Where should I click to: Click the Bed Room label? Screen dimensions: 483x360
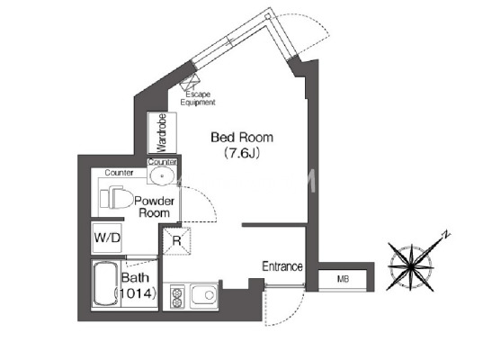point(242,138)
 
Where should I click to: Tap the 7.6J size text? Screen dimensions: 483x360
point(242,153)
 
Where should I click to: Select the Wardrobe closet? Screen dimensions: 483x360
point(162,133)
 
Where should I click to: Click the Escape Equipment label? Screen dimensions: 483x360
point(198,98)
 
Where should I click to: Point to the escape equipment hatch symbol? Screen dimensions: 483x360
point(190,82)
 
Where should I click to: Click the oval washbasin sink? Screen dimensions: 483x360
point(162,175)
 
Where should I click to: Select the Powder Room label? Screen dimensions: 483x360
point(155,207)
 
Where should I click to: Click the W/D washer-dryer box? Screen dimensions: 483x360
point(107,238)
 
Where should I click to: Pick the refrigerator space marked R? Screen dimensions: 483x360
point(176,240)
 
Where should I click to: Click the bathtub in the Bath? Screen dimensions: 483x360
point(105,283)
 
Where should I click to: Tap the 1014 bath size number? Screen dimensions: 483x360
point(136,293)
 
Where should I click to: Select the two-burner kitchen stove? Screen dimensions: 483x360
point(177,296)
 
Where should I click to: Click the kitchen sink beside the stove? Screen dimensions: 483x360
point(204,296)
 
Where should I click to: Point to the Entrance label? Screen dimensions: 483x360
point(282,266)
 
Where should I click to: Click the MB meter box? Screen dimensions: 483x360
point(343,279)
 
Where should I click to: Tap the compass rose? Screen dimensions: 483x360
point(411,265)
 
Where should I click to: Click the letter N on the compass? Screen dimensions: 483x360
point(445,235)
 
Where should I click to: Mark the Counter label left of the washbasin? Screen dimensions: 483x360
point(119,173)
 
